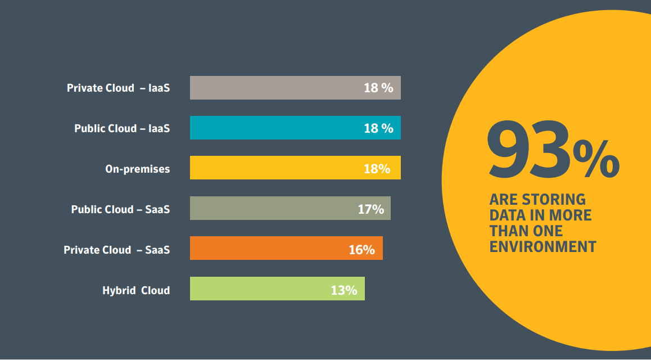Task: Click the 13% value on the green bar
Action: [344, 290]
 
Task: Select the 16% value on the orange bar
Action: [361, 250]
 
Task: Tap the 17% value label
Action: [370, 209]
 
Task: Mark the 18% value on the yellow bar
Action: [377, 169]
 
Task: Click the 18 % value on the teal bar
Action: [378, 128]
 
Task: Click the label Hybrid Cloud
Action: [136, 291]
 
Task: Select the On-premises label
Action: [137, 169]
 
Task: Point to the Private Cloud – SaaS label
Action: [116, 250]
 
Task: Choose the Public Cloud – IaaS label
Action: [122, 128]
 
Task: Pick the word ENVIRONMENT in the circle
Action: [542, 246]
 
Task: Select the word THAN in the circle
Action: [508, 231]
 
